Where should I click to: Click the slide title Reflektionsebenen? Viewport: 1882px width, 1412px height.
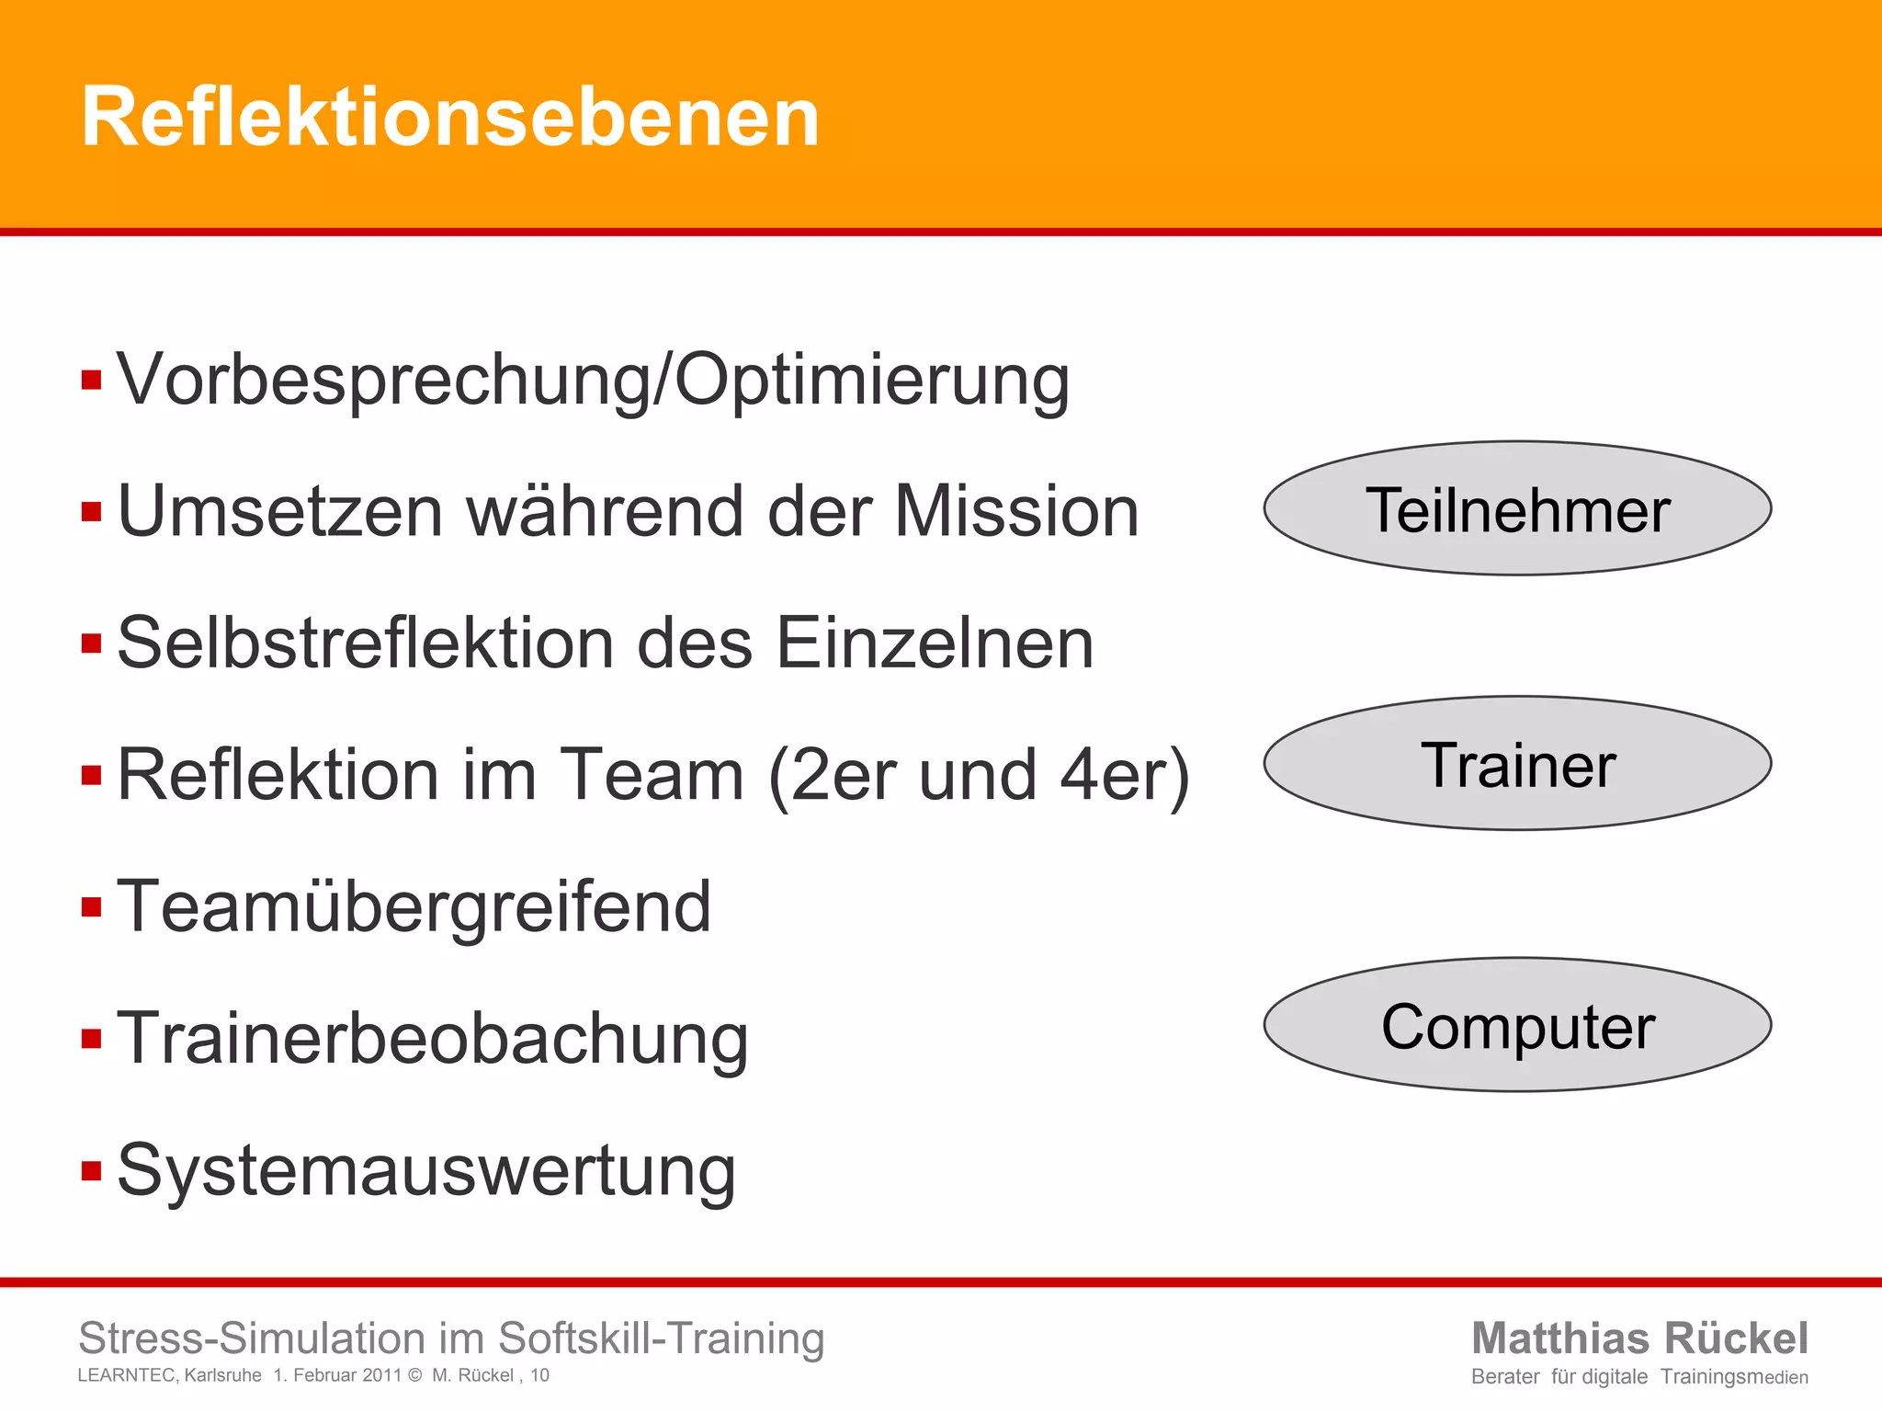pos(450,117)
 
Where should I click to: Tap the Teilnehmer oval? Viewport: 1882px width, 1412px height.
pos(1517,509)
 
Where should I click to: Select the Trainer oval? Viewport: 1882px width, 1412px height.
pos(1517,764)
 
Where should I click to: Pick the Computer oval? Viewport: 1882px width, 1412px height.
pos(1517,1026)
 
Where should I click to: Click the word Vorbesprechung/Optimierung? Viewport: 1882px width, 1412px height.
pos(594,380)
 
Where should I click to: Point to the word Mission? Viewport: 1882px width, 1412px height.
pos(1016,511)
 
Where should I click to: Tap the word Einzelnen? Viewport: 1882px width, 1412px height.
pos(935,643)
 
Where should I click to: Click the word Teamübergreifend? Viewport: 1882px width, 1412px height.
pos(414,906)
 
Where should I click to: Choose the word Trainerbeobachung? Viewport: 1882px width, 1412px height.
pos(433,1039)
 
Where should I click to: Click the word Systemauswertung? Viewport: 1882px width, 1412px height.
pos(426,1171)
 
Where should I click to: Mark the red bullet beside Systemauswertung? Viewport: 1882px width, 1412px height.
pos(91,1171)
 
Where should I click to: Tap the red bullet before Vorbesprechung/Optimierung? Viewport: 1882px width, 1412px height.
pos(91,380)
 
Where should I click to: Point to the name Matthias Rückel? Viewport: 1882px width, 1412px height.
pos(1639,1338)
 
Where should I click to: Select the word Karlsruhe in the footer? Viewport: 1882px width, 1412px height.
pos(222,1375)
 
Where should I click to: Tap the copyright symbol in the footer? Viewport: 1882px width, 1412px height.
pos(414,1375)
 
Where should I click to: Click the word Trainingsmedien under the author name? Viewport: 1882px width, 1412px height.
pos(1734,1377)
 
